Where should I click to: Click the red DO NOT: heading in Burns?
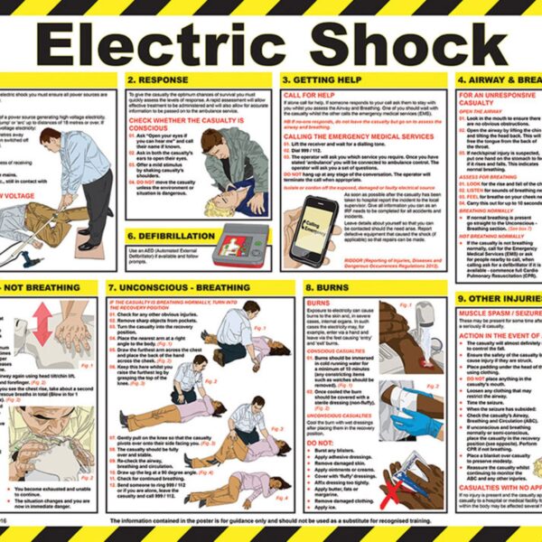pos(321,442)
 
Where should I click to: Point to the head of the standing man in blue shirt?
pos(71,139)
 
